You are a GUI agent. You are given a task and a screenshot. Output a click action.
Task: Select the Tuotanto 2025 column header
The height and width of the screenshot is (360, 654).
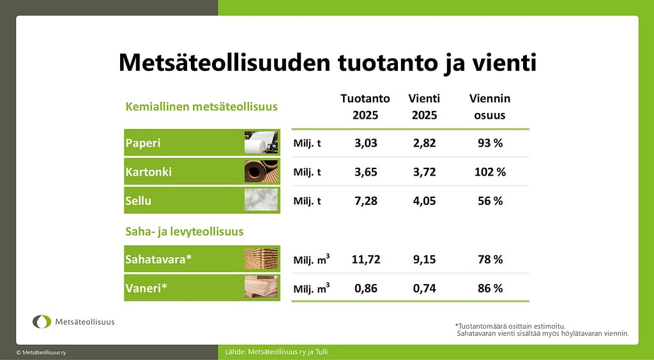pyautogui.click(x=365, y=107)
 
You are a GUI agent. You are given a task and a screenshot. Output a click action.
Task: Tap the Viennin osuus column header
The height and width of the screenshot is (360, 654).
pyautogui.click(x=490, y=107)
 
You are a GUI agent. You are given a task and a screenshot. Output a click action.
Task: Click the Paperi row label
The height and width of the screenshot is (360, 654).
pyautogui.click(x=143, y=143)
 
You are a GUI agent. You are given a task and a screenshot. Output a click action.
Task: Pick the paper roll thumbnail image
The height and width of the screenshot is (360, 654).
pyautogui.click(x=261, y=142)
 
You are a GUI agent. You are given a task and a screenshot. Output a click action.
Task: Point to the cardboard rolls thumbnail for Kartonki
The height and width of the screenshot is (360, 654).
pyautogui.click(x=261, y=171)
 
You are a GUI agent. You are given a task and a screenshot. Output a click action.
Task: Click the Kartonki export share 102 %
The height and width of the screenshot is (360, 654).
pyautogui.click(x=490, y=172)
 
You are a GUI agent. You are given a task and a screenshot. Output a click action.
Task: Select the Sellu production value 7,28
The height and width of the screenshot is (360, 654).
pyautogui.click(x=366, y=201)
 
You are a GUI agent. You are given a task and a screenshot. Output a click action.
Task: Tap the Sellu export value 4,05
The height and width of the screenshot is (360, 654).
pyautogui.click(x=424, y=201)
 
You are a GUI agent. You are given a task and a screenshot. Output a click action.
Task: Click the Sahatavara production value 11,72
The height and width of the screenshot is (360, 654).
pyautogui.click(x=366, y=260)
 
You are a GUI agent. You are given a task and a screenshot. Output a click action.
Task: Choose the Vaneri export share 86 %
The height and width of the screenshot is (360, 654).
pyautogui.click(x=490, y=289)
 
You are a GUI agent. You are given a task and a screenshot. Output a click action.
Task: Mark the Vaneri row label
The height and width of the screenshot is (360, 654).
pyautogui.click(x=146, y=288)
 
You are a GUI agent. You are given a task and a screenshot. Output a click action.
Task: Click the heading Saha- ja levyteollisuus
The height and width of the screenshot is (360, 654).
pyautogui.click(x=185, y=232)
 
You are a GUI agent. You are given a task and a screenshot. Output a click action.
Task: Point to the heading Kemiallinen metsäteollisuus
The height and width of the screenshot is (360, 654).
pyautogui.click(x=201, y=107)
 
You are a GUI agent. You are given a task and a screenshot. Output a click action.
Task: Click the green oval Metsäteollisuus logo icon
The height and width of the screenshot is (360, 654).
pyautogui.click(x=42, y=322)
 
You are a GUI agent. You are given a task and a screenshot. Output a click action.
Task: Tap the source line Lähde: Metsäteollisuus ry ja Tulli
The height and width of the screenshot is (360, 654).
pyautogui.click(x=276, y=352)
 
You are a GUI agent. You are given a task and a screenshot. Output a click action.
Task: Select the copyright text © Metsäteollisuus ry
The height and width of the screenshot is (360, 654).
pyautogui.click(x=41, y=352)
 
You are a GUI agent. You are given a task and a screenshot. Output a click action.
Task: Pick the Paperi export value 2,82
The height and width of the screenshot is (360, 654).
pyautogui.click(x=424, y=143)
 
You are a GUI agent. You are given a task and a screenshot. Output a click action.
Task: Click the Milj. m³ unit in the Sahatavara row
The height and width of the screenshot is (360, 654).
pyautogui.click(x=312, y=259)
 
